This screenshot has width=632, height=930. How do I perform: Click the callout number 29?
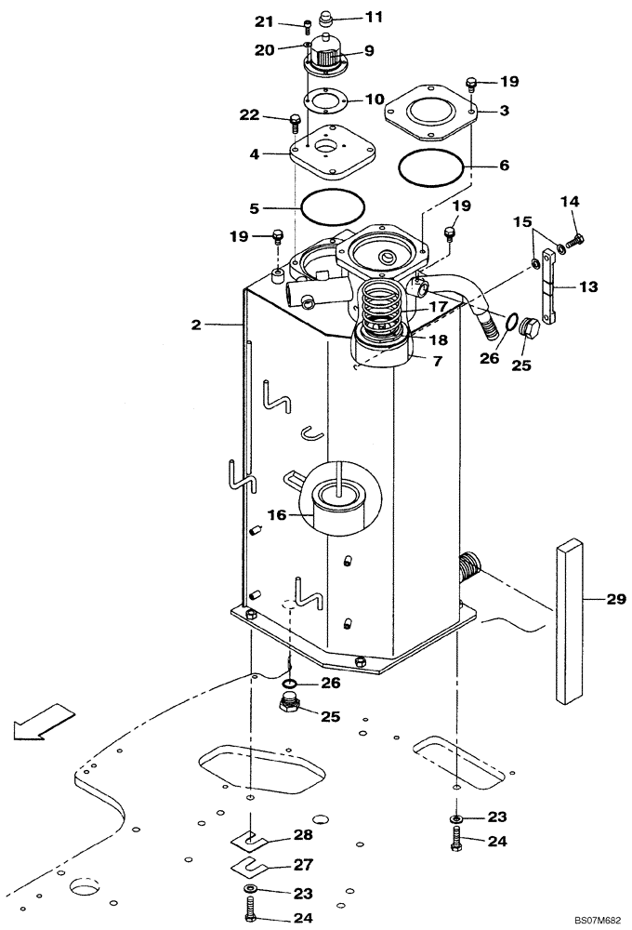[x=616, y=602]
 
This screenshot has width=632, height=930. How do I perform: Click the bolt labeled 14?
[x=573, y=241]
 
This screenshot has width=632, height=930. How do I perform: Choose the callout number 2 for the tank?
[x=196, y=325]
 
